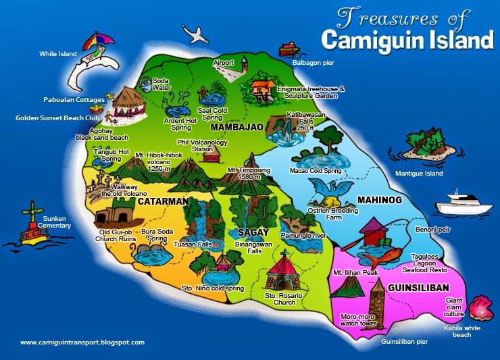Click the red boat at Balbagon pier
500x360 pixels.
tap(289, 49)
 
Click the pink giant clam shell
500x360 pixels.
tap(480, 307)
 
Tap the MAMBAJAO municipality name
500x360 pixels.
tap(236, 127)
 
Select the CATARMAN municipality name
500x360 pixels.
tap(162, 201)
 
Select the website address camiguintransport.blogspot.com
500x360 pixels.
tap(82, 342)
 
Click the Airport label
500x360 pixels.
tap(223, 63)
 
